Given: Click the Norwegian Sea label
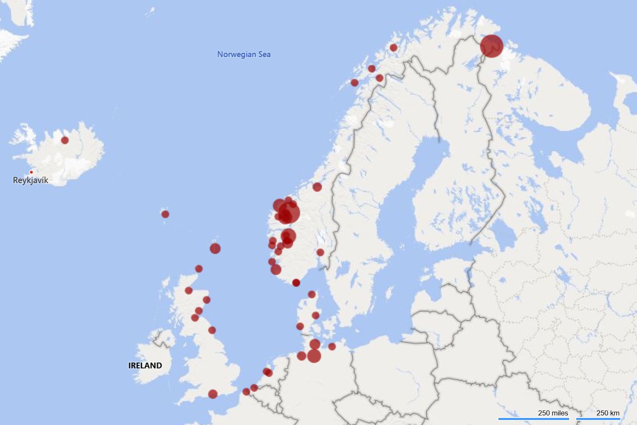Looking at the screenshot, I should point(244,54).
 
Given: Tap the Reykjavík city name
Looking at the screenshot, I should point(30,180).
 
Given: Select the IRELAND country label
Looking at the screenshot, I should point(145,365).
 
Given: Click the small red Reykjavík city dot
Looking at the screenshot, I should point(31,172).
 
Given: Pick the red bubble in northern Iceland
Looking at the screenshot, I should point(65,140).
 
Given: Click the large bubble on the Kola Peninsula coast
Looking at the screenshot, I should point(491,46).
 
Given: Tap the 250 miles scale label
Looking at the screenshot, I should point(552,413).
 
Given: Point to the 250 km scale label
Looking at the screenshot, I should point(607,413).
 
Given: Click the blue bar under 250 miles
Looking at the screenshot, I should point(533,419).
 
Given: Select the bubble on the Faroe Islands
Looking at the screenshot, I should point(165,214).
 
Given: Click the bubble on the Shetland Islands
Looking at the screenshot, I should point(215,249).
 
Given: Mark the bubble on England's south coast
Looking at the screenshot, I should point(213,394).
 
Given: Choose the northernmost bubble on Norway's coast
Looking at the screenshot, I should point(393,48).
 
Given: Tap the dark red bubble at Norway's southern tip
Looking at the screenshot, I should point(296,283).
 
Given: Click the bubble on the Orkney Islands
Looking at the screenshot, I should point(199,269).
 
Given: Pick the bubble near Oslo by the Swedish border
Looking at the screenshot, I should point(320,252).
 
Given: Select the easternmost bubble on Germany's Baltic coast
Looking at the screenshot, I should point(332,346).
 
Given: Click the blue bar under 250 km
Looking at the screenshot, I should point(598,419).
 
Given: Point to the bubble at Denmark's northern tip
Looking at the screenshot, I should point(311,295).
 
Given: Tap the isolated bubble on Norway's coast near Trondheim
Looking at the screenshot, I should point(317,187).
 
